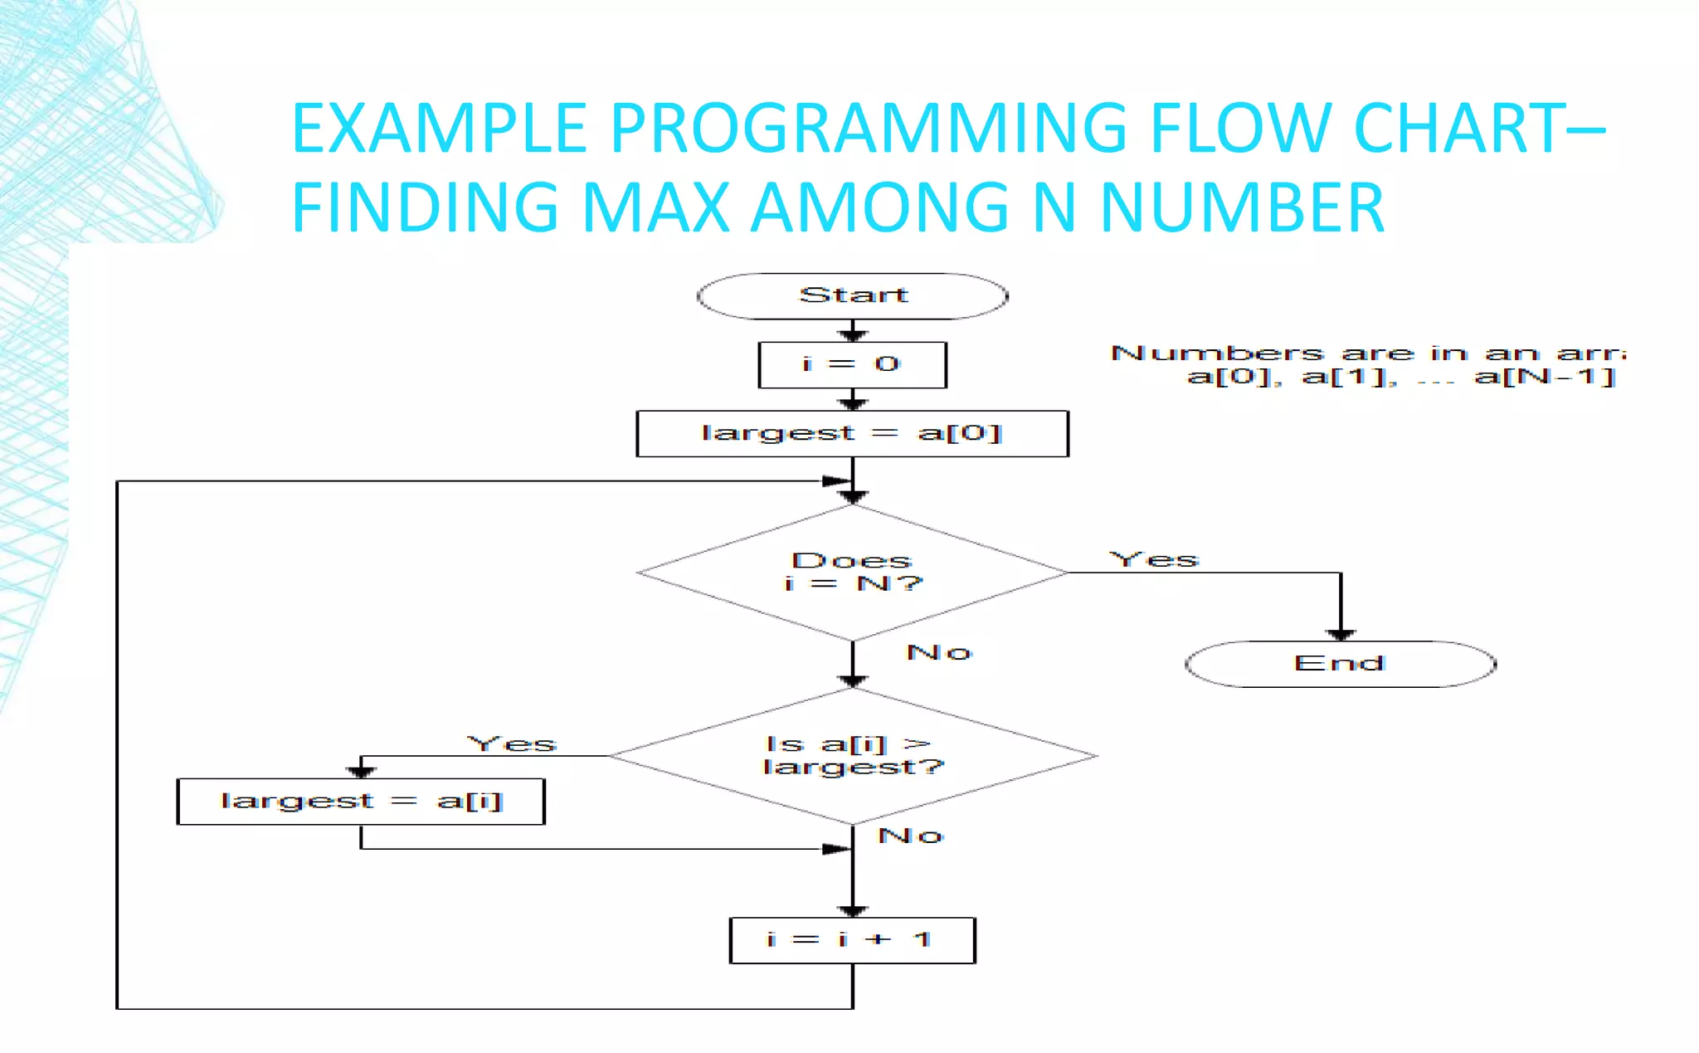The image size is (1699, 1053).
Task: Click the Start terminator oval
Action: [x=853, y=296]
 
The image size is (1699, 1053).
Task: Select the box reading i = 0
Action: [x=853, y=365]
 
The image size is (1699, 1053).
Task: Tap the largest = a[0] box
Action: [x=853, y=433]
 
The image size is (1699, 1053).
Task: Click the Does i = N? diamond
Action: [x=853, y=573]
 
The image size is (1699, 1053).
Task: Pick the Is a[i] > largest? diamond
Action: [x=853, y=756]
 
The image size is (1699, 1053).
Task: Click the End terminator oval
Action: [x=1340, y=664]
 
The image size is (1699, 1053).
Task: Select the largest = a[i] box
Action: [x=361, y=802]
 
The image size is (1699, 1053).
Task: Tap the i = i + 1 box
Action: [x=853, y=940]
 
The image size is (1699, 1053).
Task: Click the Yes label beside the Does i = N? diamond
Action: [x=1154, y=560]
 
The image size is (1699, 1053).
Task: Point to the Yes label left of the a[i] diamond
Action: [x=512, y=743]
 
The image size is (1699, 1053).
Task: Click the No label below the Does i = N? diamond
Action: [x=939, y=653]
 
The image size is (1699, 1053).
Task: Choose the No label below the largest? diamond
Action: [x=911, y=836]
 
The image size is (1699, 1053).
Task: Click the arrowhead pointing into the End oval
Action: [x=1341, y=635]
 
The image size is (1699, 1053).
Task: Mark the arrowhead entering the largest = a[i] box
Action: [x=361, y=772]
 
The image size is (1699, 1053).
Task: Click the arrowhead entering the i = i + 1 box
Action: [x=853, y=911]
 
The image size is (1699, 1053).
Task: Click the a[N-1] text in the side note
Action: [x=1545, y=378]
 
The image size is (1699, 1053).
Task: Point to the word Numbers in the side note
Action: [x=1217, y=353]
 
